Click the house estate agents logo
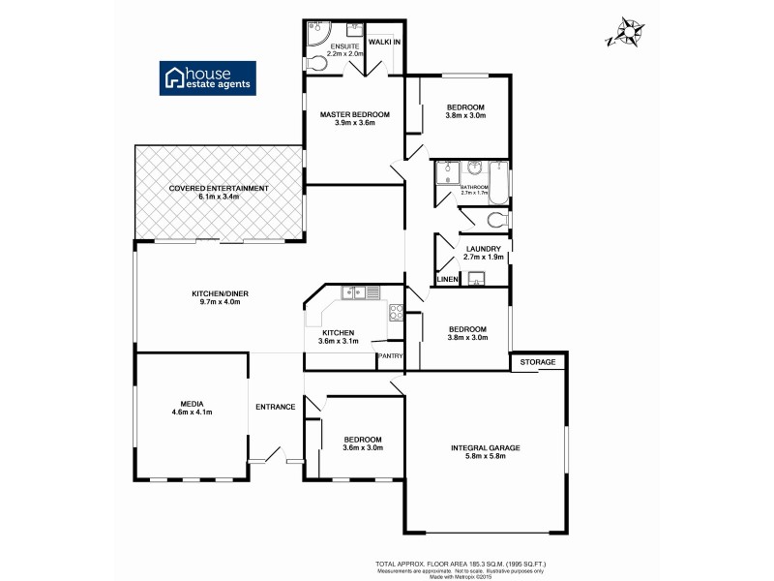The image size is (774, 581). (208, 78)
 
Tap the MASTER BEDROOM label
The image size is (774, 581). (355, 114)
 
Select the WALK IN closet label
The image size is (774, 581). (384, 43)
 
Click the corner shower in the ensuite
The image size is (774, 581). (317, 34)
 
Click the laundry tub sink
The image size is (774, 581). (475, 280)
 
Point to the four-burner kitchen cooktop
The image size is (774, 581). (396, 312)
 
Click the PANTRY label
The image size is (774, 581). (390, 356)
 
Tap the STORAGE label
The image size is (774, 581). (539, 362)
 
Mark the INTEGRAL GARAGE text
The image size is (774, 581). (486, 447)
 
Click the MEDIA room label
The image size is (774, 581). (190, 403)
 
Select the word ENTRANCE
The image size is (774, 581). (275, 407)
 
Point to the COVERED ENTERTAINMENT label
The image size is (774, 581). (219, 188)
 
